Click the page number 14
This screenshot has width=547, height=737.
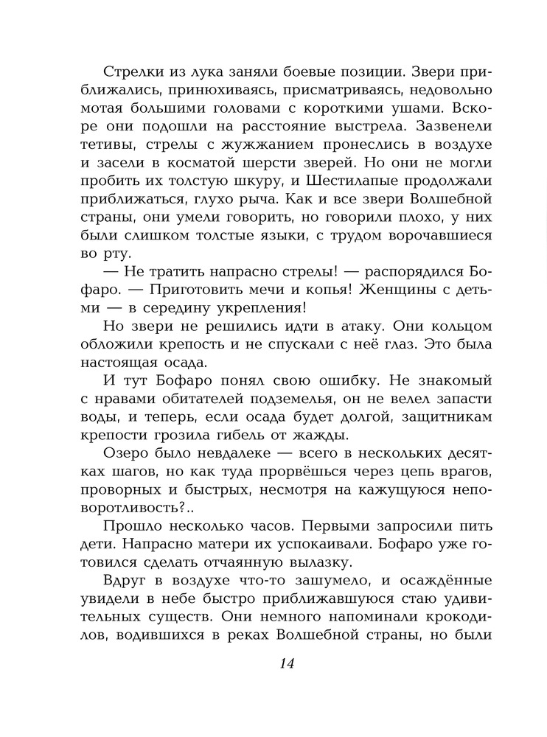tap(287, 663)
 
